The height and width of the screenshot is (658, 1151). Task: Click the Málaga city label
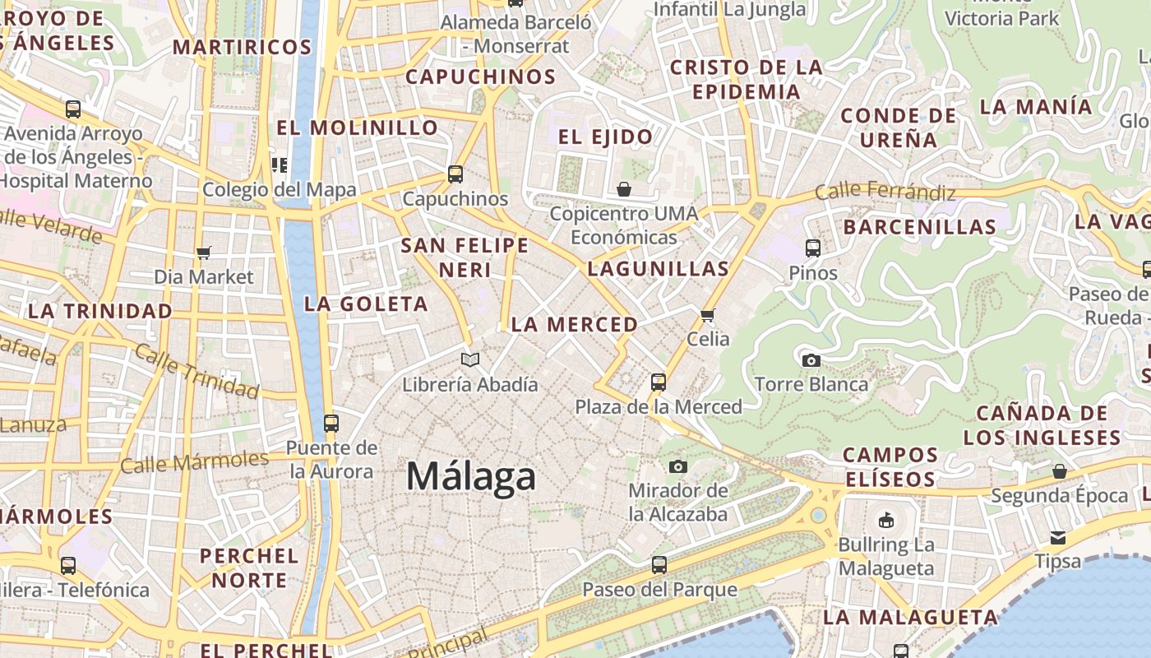click(x=471, y=476)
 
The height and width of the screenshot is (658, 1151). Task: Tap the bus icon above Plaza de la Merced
click(x=658, y=382)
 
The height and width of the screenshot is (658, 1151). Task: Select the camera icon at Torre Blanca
click(x=811, y=360)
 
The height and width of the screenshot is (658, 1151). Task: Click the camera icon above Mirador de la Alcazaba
click(x=677, y=466)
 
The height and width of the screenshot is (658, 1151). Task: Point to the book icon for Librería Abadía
click(x=470, y=359)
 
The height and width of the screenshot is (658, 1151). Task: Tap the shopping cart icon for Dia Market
click(x=204, y=253)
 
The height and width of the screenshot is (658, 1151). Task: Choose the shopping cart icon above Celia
click(x=708, y=315)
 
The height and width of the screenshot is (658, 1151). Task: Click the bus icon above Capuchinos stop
click(x=455, y=174)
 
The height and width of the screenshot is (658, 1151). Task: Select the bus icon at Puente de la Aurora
click(x=331, y=424)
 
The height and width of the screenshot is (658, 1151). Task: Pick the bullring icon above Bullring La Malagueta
click(x=885, y=520)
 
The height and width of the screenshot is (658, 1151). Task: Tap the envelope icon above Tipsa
click(x=1057, y=537)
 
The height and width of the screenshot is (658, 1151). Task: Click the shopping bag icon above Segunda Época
click(x=1059, y=471)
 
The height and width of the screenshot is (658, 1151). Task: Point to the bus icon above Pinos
click(x=813, y=248)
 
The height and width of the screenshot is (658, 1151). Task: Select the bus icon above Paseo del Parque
click(x=659, y=565)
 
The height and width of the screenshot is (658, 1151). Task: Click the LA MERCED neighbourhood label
click(x=575, y=325)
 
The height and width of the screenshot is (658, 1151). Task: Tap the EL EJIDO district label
click(x=605, y=137)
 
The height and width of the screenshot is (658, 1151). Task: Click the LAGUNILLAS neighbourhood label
click(x=659, y=268)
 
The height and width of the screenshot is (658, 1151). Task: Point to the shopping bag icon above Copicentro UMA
click(x=624, y=190)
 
